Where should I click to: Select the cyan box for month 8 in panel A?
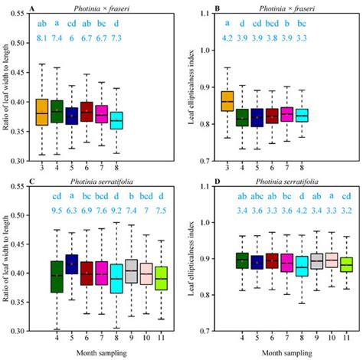point(116,120)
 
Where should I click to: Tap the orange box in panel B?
point(227,100)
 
